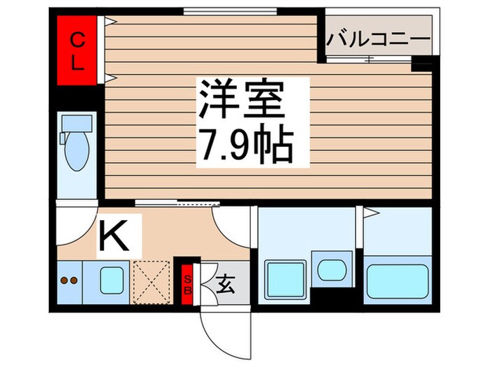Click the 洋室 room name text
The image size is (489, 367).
click(242, 100)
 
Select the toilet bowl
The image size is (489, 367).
click(75, 152)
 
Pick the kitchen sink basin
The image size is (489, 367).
click(112, 281)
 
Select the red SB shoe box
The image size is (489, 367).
click(187, 285)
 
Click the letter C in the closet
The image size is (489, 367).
click(78, 40)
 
